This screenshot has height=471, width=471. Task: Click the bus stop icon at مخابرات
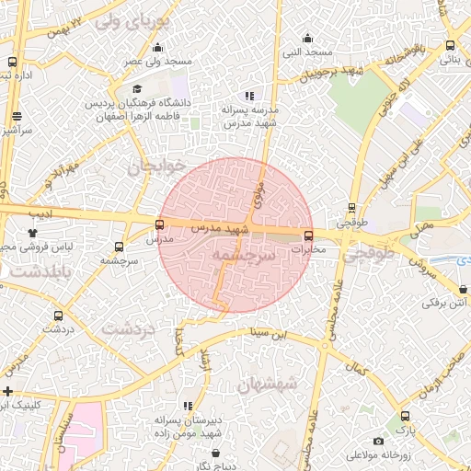pos(308,235)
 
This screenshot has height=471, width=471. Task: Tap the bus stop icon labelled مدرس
pos(160,224)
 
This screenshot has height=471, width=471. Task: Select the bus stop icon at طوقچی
pos(351,209)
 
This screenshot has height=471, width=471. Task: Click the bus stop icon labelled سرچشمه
pos(119,247)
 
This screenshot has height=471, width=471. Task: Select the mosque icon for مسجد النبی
pos(306,39)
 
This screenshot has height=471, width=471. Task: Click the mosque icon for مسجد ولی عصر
pos(158,48)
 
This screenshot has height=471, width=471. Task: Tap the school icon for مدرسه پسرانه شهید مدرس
pos(248,96)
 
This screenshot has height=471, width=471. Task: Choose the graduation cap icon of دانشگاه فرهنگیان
pos(138,89)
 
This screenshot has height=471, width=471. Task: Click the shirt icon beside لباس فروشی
pos(33,234)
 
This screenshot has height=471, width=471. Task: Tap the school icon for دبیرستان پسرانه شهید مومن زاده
pos(189,406)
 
